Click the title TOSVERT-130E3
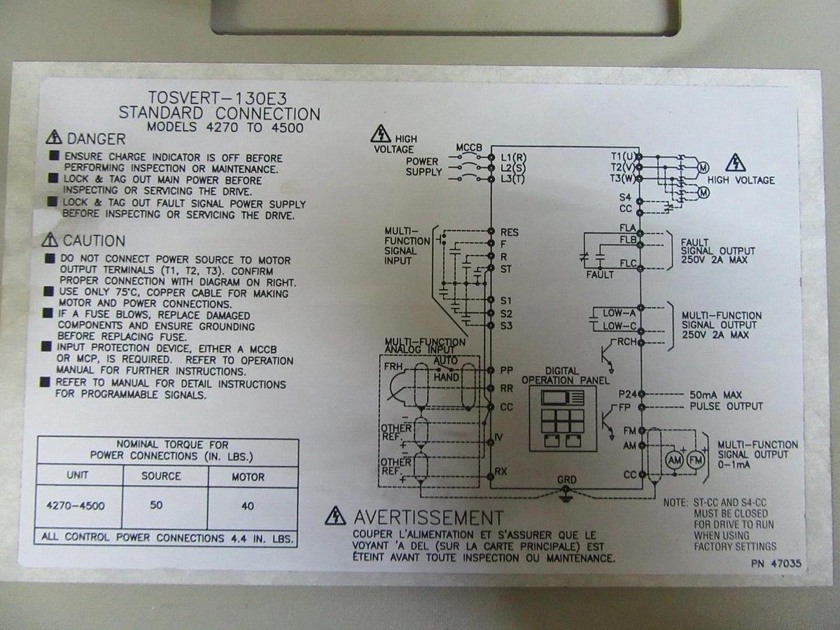click(x=218, y=98)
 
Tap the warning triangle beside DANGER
click(x=52, y=138)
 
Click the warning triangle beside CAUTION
click(x=50, y=240)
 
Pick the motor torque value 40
click(x=247, y=505)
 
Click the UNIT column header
click(x=78, y=475)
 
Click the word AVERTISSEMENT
click(x=428, y=518)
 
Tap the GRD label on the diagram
click(x=567, y=479)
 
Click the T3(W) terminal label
click(x=622, y=178)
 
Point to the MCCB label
click(x=469, y=148)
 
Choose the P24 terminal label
click(x=626, y=395)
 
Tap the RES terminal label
click(x=509, y=232)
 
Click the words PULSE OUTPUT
click(x=727, y=406)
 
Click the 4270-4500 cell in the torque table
click(x=76, y=505)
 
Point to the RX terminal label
click(x=500, y=471)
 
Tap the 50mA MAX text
click(x=715, y=395)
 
